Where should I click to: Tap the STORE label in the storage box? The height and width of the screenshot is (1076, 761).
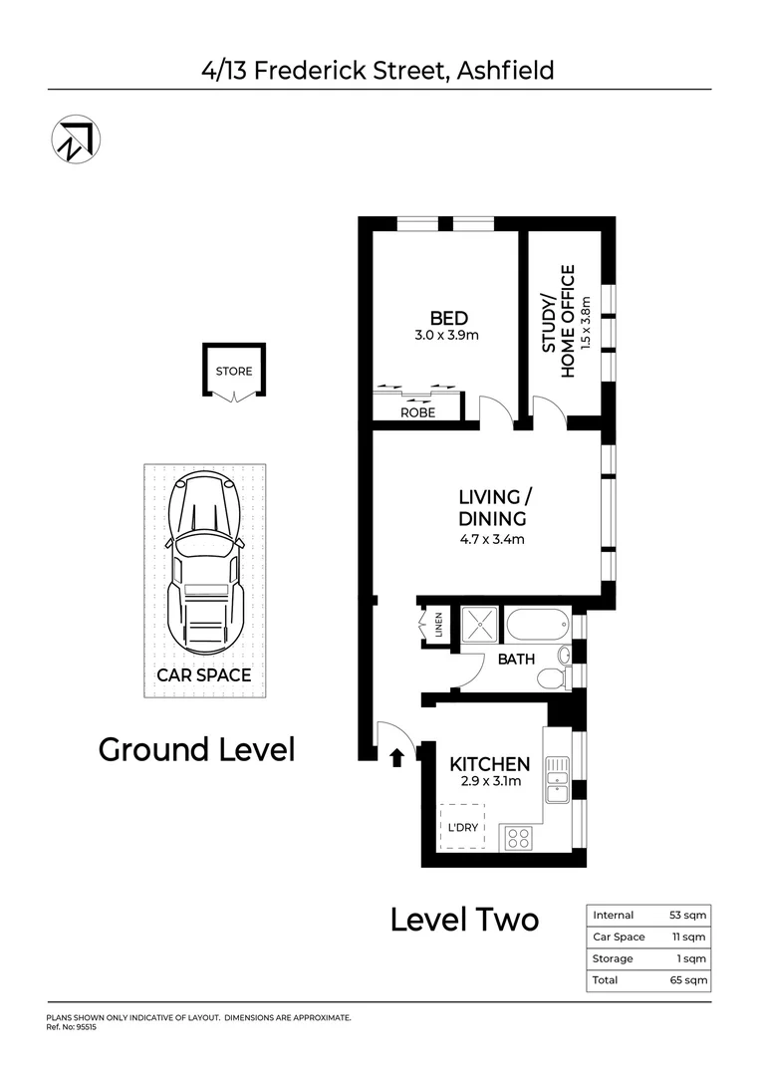[x=234, y=372]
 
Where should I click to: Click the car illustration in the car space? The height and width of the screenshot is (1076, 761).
[x=204, y=563]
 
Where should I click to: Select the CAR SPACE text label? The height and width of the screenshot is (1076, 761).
[x=204, y=674]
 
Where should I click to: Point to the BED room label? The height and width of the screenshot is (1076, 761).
[x=447, y=319]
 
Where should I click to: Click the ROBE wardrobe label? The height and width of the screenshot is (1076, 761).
[x=417, y=412]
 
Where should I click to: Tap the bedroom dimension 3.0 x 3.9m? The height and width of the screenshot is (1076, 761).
[x=447, y=336]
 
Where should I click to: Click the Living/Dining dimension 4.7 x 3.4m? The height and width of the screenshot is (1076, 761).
[x=490, y=540]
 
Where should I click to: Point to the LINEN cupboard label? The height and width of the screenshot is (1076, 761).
[x=438, y=625]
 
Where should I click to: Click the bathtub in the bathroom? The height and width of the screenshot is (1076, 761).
[x=536, y=626]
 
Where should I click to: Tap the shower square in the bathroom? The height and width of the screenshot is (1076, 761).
[x=477, y=625]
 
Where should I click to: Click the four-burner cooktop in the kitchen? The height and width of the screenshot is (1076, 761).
[x=518, y=837]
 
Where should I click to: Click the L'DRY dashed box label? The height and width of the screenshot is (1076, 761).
[x=462, y=828]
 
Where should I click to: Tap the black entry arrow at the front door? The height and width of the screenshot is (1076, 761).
[x=395, y=758]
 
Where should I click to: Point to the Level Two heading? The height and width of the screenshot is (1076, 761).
[x=464, y=920]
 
